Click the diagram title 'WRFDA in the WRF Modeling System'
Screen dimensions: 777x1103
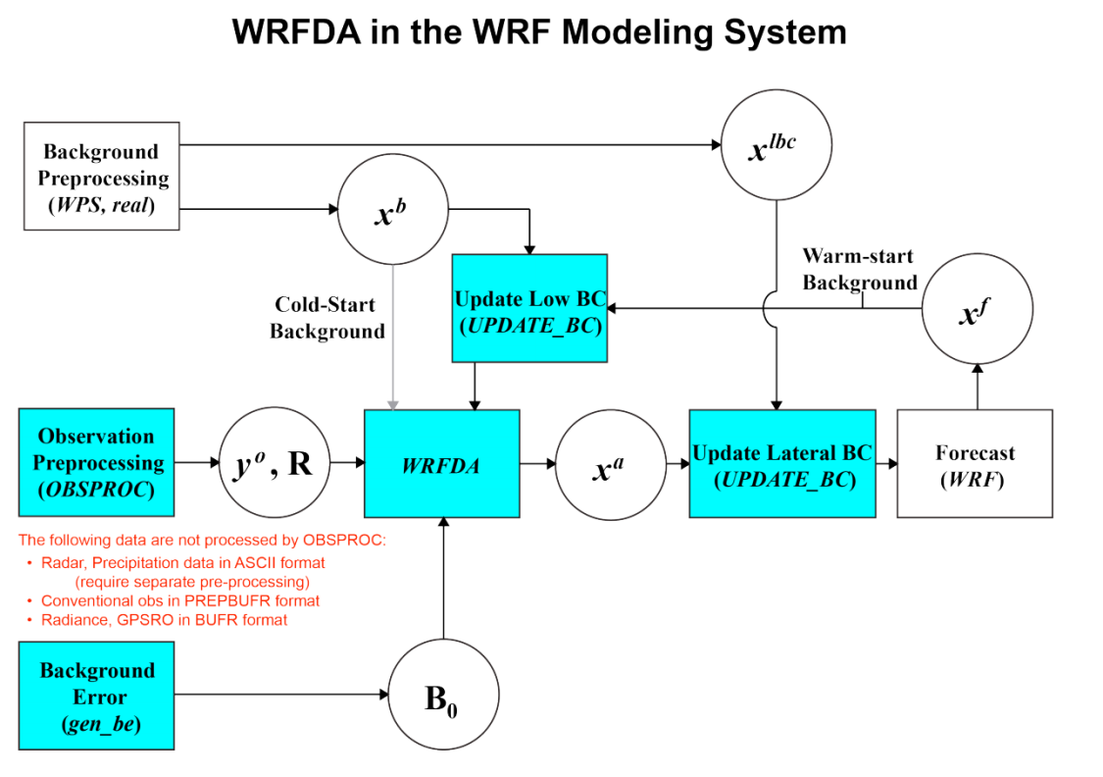click(x=539, y=31)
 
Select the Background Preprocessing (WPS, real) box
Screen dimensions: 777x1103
click(x=101, y=177)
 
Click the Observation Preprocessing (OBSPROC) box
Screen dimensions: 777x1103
click(x=96, y=462)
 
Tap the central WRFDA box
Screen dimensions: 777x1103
click(x=441, y=464)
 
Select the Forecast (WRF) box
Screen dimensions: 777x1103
click(x=975, y=464)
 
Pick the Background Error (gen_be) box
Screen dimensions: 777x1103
click(x=96, y=696)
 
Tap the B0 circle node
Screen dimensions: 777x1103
click(x=444, y=696)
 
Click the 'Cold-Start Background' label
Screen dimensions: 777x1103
click(x=327, y=318)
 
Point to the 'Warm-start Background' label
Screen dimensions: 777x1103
click(x=860, y=269)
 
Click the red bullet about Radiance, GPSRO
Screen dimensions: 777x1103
click(x=164, y=620)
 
